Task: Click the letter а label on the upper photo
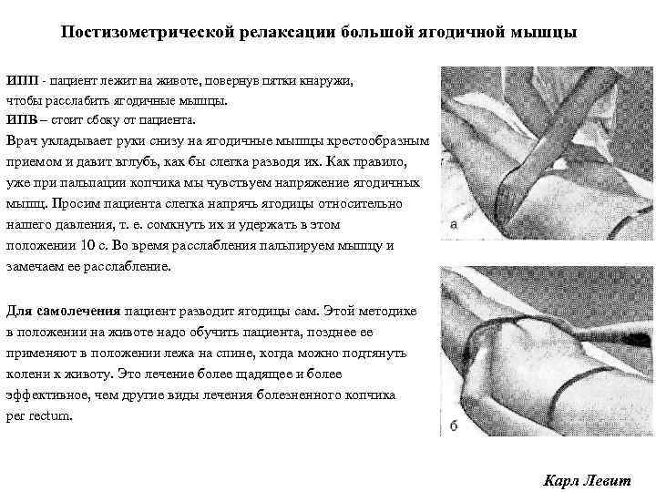tap(453, 222)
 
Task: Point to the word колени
tap(27, 374)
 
